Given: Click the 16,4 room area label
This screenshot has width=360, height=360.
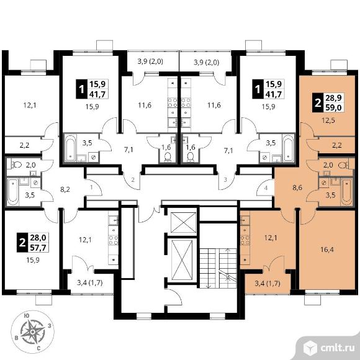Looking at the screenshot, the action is coord(326,250).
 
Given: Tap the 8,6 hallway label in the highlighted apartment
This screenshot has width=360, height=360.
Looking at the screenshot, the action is coord(297,187).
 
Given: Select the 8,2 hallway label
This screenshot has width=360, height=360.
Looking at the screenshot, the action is coord(65,189).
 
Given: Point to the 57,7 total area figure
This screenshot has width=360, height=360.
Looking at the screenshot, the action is coord(38,248).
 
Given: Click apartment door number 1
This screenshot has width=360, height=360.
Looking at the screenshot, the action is coord(91,187).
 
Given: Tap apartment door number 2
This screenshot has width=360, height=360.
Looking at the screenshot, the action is coord(133,179).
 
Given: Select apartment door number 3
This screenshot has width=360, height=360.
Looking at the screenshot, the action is coord(225,179).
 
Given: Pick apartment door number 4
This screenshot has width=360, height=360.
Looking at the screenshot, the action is coord(266,188).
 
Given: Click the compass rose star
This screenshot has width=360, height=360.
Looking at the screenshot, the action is coord(33,332).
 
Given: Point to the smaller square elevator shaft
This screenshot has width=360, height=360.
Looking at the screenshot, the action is coord(182,223).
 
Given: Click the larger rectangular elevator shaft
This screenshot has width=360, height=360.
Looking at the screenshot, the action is coord(182,259).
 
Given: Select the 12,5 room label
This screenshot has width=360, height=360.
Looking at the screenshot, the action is coord(328,120).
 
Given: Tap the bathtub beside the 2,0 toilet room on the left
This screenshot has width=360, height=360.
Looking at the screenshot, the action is coord(12,192).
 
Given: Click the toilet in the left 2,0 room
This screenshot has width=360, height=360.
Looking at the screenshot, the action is coord(16,164).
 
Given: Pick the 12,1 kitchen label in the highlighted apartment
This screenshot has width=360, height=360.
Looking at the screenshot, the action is coord(271,237).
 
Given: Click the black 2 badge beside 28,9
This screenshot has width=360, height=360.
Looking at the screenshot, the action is coord(318,103).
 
